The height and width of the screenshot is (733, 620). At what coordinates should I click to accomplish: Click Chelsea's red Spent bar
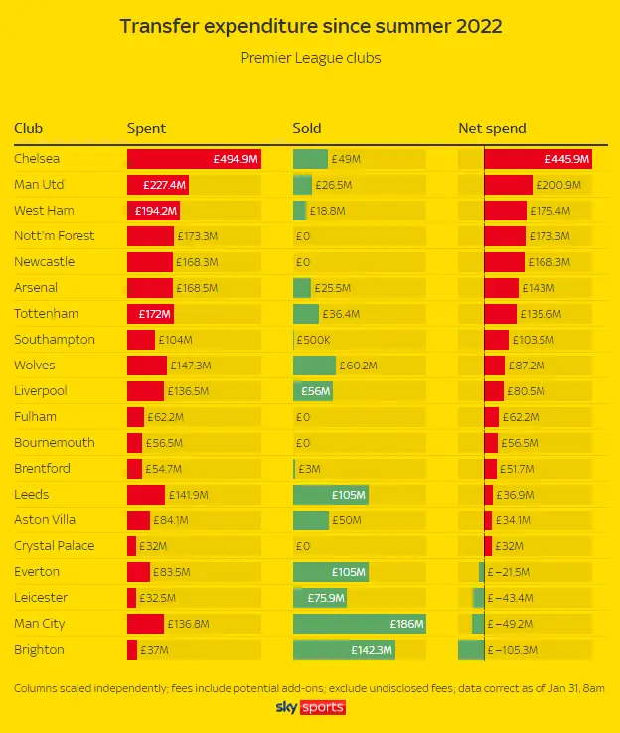coord(194,159)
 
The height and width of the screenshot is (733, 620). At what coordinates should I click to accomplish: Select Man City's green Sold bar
coord(360,624)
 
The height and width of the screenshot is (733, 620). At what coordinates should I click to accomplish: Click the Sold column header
coord(307,129)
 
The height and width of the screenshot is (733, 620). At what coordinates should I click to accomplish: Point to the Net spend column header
coord(492,129)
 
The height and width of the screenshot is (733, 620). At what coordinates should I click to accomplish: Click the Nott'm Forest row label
coord(55,236)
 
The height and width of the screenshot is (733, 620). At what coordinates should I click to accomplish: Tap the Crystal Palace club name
coord(55,546)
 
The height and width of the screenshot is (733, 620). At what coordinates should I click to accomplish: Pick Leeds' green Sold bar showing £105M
coord(330,495)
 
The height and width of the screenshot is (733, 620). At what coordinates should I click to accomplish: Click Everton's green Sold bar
coord(330,572)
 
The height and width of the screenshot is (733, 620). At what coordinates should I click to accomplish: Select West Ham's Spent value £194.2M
coord(157,211)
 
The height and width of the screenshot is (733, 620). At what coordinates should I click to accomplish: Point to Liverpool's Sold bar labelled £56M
coord(313,391)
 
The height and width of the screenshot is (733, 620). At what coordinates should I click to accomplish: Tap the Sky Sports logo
coord(310,707)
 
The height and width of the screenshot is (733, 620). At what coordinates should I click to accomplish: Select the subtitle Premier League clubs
coord(310,58)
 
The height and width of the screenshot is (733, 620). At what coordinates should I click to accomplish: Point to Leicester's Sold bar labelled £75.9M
coord(320,598)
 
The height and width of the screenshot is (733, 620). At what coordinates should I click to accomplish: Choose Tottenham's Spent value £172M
coord(155,314)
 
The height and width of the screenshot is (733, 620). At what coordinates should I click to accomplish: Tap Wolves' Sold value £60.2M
coord(357,366)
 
